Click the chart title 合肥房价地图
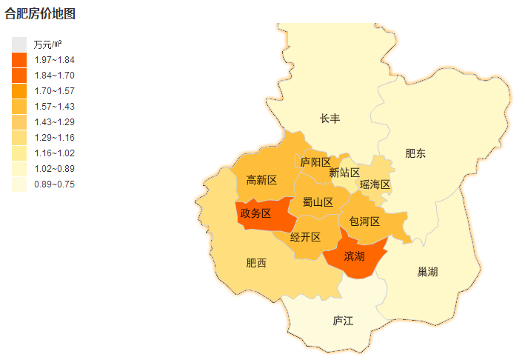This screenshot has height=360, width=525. [x=40, y=13]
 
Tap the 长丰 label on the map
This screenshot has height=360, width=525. [x=330, y=119]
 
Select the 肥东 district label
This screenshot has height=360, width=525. [x=415, y=153]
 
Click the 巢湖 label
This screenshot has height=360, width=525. [x=427, y=272]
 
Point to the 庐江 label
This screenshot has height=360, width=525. [x=343, y=321]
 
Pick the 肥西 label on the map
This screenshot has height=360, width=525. [x=256, y=263]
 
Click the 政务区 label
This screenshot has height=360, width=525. [x=255, y=213]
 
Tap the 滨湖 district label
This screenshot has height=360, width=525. [x=354, y=256]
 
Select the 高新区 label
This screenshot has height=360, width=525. [x=261, y=180]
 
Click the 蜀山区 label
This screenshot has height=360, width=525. [x=318, y=201]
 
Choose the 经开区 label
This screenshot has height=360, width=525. [x=305, y=237]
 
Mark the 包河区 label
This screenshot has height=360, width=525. [x=364, y=221]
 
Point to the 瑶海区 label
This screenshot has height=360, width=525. [x=375, y=184]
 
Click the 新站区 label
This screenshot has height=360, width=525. [x=344, y=173]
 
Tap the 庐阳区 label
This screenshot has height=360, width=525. [x=315, y=161]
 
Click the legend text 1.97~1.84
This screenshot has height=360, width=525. [x=54, y=60]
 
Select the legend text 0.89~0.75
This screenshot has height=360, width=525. [x=54, y=184]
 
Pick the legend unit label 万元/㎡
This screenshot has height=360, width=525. [x=47, y=44]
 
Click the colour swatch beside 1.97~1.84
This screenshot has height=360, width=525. [x=19, y=60]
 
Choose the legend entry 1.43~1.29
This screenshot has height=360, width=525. [x=54, y=121]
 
